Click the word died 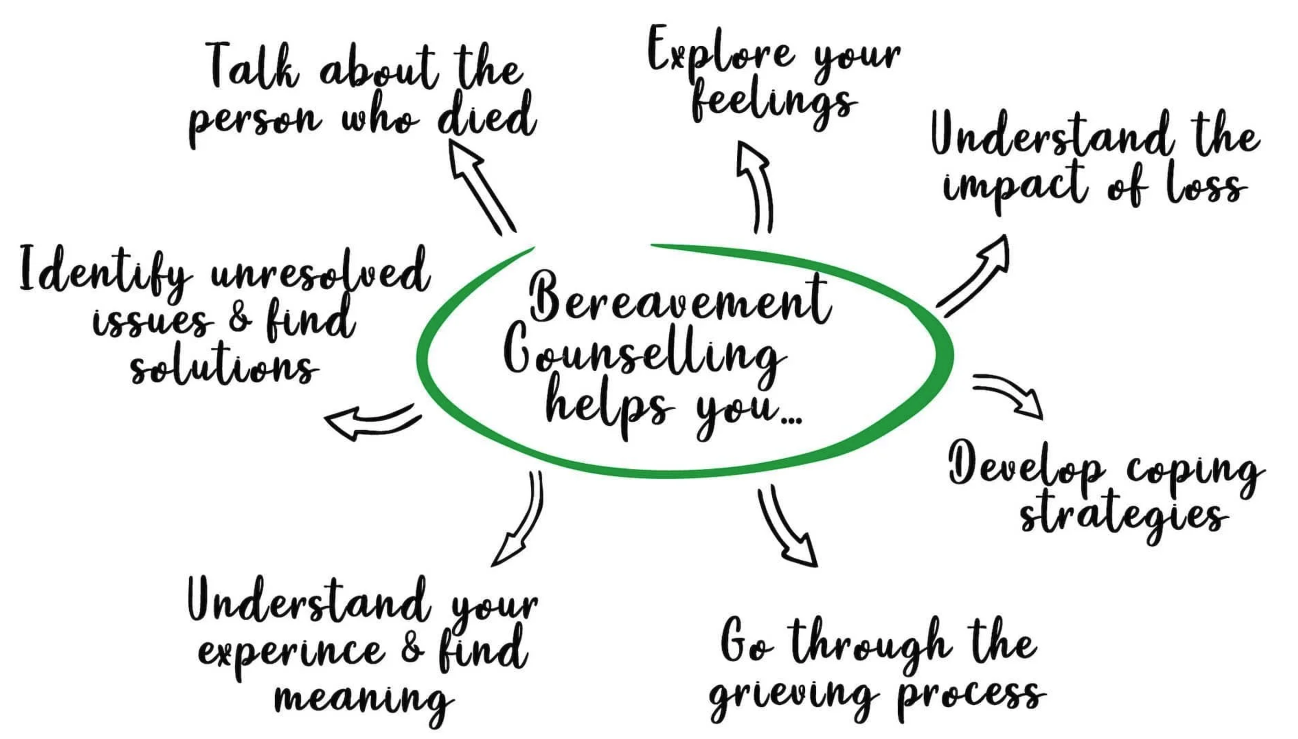[x=485, y=117]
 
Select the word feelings [x=774, y=104]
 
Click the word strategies [x=1124, y=517]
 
